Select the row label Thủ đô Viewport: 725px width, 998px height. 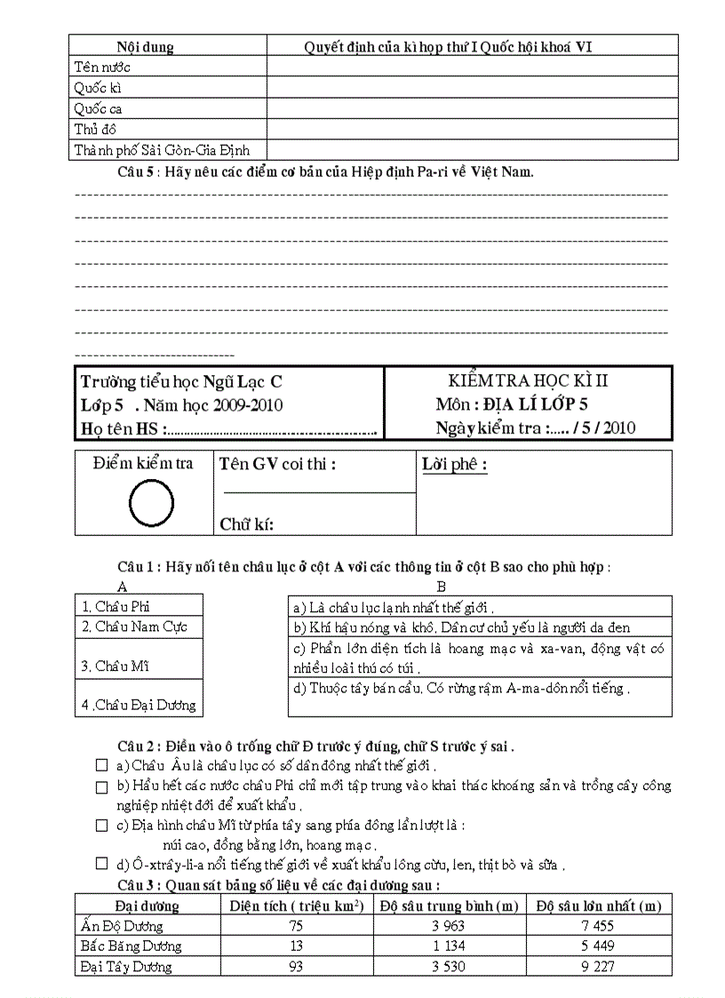(x=93, y=130)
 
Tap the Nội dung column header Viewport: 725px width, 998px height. (x=146, y=46)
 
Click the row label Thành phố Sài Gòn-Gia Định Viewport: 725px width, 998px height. (x=168, y=150)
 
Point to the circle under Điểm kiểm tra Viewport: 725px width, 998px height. (x=151, y=504)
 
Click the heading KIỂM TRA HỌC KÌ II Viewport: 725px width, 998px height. (x=528, y=380)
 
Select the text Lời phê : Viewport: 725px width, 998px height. (x=455, y=465)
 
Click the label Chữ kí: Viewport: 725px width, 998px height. (x=246, y=524)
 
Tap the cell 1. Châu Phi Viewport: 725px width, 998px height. (x=116, y=606)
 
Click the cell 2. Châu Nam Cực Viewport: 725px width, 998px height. (x=134, y=627)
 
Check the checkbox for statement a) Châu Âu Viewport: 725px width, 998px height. (x=102, y=764)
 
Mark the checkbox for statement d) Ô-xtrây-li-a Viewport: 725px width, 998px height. (x=102, y=864)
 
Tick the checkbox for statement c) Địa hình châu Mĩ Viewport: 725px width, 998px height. (x=102, y=825)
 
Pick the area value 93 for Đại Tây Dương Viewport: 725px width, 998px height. (x=296, y=966)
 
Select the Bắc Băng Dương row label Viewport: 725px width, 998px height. (x=131, y=946)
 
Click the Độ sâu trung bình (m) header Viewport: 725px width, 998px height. (x=449, y=906)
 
